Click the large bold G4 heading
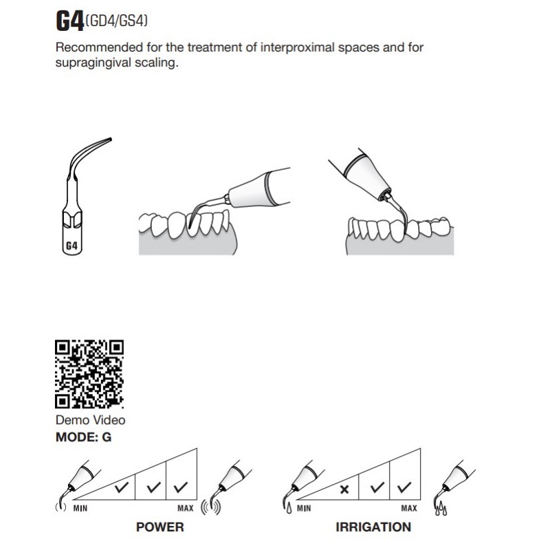coord(70,21)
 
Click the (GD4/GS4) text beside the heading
coord(116,21)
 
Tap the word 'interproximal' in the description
coord(297,47)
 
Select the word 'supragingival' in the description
coord(94,63)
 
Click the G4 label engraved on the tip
coord(71,245)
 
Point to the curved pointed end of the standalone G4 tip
coord(111,140)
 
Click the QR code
coord(89,373)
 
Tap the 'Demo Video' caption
coord(91,420)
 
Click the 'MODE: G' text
coord(83,437)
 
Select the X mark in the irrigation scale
coord(344,489)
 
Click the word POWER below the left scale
coord(160,527)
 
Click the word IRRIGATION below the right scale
coord(373,527)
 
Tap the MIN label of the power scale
coord(80,508)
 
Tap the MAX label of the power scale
coord(185,508)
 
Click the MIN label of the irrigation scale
coord(304,508)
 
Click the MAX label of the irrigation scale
coord(409,508)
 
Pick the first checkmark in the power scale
coord(122,487)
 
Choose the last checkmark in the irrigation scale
coord(404,487)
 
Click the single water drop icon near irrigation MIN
coord(289,509)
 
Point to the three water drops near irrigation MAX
coord(441,509)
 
